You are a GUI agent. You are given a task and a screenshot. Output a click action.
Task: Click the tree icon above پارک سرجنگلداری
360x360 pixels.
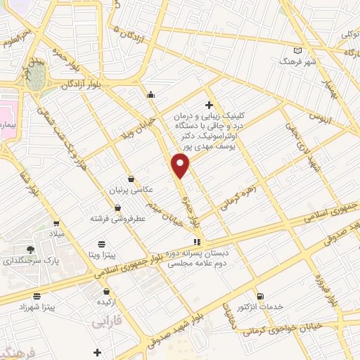(x=30, y=249)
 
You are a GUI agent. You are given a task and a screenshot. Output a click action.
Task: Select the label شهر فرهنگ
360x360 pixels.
(x=300, y=61)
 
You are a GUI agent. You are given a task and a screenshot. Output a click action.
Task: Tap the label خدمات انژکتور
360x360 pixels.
(x=260, y=307)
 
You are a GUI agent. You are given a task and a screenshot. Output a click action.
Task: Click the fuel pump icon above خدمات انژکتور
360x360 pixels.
(x=260, y=296)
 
